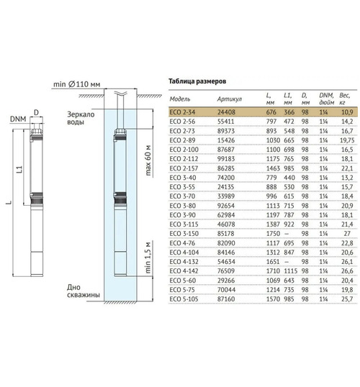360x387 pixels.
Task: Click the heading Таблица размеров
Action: [197, 81]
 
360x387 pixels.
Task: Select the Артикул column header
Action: [230, 99]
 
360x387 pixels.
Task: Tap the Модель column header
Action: [180, 99]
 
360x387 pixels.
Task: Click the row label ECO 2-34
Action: [182, 112]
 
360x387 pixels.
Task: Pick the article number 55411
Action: [225, 122]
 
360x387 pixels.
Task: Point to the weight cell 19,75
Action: [347, 140]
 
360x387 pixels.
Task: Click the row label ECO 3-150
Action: [184, 234]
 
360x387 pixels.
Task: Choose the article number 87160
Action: [226, 299]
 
